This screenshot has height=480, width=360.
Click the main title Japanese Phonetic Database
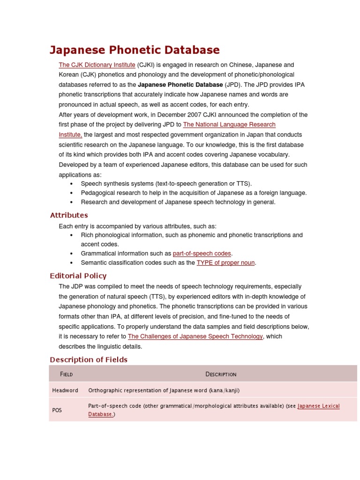(x=135, y=50)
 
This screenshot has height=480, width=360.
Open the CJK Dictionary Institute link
(x=97, y=65)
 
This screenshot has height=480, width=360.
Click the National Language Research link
(x=229, y=125)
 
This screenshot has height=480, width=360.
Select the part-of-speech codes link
(x=202, y=254)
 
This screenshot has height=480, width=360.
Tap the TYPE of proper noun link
(x=225, y=263)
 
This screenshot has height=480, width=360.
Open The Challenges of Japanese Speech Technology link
(x=195, y=337)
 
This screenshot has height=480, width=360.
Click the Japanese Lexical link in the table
(x=318, y=406)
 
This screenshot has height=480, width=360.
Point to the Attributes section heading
(x=69, y=215)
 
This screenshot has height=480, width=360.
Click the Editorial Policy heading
(x=78, y=276)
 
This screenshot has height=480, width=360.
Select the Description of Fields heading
(x=89, y=360)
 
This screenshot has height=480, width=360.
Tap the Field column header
(x=66, y=374)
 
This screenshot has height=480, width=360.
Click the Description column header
(x=221, y=374)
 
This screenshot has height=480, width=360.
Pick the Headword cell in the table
(x=65, y=390)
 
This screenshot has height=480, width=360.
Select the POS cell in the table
(x=57, y=410)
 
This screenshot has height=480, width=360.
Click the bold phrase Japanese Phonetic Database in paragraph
(x=180, y=85)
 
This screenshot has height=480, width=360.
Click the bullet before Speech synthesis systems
(x=71, y=184)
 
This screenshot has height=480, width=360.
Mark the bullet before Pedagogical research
(x=71, y=193)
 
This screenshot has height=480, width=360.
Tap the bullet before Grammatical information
(x=71, y=254)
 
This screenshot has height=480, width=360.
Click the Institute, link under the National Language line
(x=70, y=135)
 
